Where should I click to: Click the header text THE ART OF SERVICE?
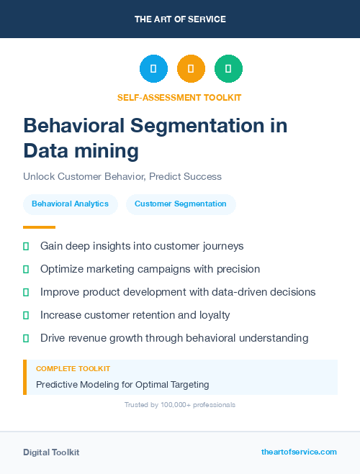click(180, 19)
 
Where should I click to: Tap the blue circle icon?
click(153, 69)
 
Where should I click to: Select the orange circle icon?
click(191, 69)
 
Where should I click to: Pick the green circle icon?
click(228, 69)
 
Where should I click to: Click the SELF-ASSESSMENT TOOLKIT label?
click(179, 97)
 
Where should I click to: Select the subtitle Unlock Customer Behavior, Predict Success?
click(122, 176)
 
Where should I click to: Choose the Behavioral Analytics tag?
click(70, 204)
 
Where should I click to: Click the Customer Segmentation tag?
click(181, 204)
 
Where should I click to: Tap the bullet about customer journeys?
click(142, 246)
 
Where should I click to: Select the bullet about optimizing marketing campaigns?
click(150, 269)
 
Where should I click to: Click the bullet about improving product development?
click(178, 292)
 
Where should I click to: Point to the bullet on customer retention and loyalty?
click(135, 315)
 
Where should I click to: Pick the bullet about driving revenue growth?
click(174, 338)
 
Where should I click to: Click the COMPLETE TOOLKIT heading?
click(73, 368)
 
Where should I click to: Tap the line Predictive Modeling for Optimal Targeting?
click(122, 384)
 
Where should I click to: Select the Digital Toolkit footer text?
click(51, 452)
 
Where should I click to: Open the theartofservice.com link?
click(299, 452)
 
